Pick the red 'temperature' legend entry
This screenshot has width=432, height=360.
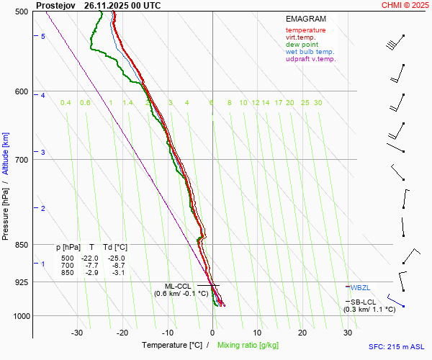point(305,30)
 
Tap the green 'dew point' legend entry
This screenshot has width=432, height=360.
point(301,45)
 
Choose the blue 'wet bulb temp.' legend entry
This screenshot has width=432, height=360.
point(310,52)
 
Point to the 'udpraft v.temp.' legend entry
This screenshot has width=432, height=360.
point(310,59)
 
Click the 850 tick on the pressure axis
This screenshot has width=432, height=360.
point(20,245)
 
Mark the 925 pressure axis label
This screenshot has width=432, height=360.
point(20,282)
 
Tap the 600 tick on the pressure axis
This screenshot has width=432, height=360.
point(20,91)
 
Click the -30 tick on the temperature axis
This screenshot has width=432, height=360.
point(78,333)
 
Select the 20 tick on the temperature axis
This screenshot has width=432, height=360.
point(302,333)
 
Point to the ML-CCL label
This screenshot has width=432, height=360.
point(179,285)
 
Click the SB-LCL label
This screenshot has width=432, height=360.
point(364,302)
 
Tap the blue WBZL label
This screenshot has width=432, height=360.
point(359,287)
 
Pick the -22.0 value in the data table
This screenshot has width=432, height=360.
point(90,258)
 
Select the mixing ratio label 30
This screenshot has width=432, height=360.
point(318,103)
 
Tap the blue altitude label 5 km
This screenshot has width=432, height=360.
point(42,36)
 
